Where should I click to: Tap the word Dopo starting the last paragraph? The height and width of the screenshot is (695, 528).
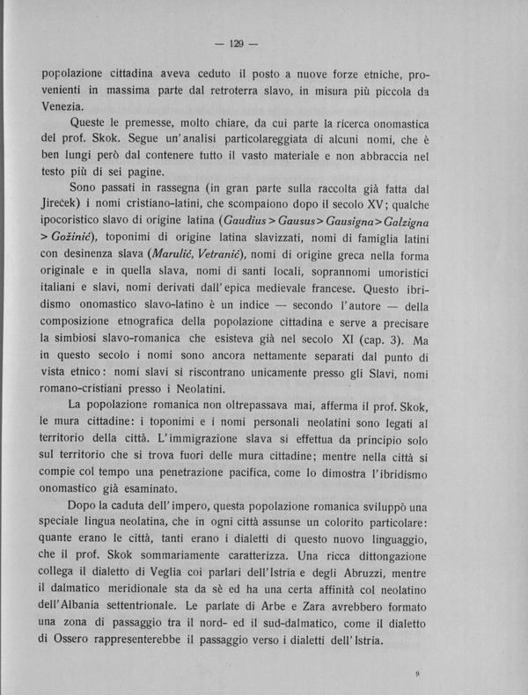point(84,508)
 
